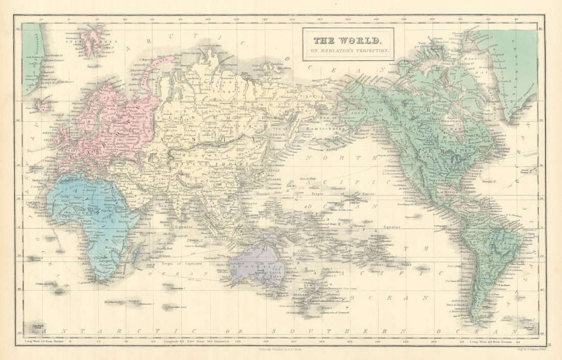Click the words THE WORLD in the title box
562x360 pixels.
(x=347, y=40)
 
